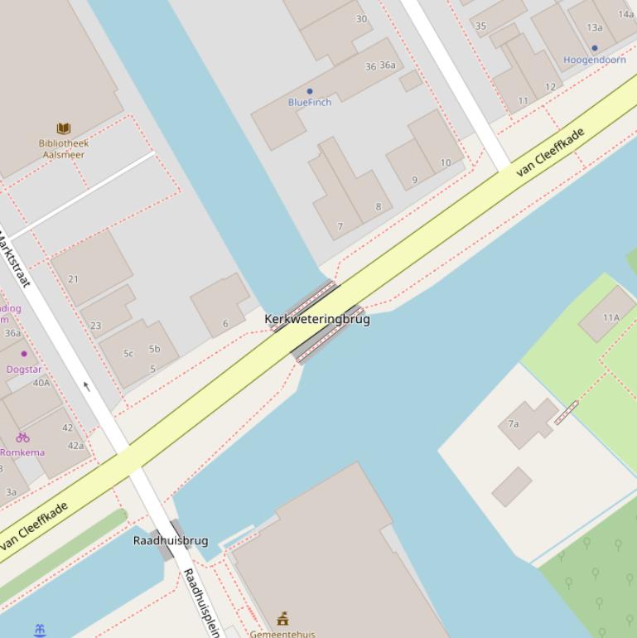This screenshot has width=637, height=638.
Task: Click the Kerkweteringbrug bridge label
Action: (x=317, y=319)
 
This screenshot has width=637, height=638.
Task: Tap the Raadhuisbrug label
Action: (x=171, y=541)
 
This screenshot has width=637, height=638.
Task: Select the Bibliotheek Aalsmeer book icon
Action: (x=64, y=128)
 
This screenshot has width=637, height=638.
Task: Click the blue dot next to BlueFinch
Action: (x=310, y=92)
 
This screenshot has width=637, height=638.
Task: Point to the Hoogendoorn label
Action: (x=594, y=60)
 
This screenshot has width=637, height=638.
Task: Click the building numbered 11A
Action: (x=611, y=317)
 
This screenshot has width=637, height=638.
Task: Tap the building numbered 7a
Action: (x=514, y=424)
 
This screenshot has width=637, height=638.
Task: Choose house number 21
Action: (x=73, y=279)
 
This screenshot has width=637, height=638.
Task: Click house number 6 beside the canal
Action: (x=224, y=324)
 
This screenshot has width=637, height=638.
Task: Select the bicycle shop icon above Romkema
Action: (x=22, y=437)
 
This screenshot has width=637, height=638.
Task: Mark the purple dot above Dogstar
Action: (x=24, y=354)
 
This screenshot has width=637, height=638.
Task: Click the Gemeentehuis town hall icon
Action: (x=282, y=619)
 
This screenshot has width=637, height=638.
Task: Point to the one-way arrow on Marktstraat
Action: (x=86, y=385)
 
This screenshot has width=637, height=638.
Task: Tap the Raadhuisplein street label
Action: (x=200, y=602)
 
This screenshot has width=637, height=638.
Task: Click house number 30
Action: (x=361, y=19)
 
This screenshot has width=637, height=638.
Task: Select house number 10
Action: (x=446, y=162)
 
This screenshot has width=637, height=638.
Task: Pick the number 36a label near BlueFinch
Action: (x=388, y=65)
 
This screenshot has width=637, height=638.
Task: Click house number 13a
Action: (x=594, y=27)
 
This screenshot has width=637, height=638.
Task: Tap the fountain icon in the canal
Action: (x=40, y=631)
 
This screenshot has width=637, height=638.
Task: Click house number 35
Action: (x=480, y=26)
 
